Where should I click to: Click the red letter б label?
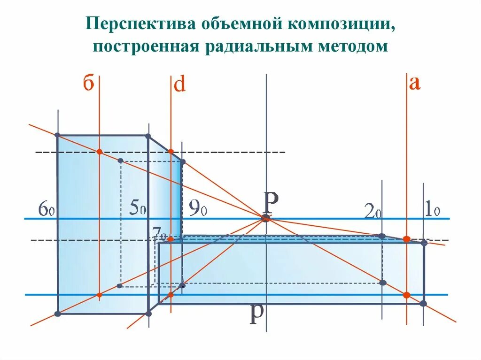pyautogui.click(x=89, y=84)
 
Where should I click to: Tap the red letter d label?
pyautogui.click(x=180, y=85)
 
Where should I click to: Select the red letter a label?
pyautogui.click(x=414, y=83)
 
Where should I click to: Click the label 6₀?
pyautogui.click(x=47, y=208)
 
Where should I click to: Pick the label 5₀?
pyautogui.click(x=137, y=208)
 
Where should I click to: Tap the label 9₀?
pyautogui.click(x=198, y=207)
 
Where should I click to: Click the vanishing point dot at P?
pyautogui.click(x=265, y=218)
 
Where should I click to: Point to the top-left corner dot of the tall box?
pyautogui.click(x=57, y=135)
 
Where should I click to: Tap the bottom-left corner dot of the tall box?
pyautogui.click(x=57, y=314)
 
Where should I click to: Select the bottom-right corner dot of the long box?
pyautogui.click(x=423, y=304)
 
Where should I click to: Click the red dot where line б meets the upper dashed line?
pyautogui.click(x=99, y=152)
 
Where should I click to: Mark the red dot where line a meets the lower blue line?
pyautogui.click(x=407, y=295)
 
